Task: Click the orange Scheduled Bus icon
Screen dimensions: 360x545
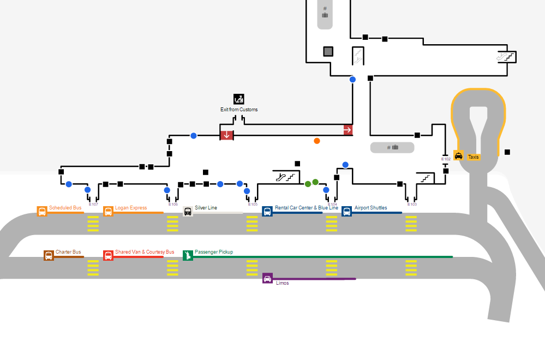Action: [x=42, y=212]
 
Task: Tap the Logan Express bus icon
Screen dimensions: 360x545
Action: [x=108, y=212]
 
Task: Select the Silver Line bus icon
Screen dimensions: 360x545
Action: [x=188, y=212]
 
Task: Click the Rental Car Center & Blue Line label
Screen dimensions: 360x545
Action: [x=306, y=208]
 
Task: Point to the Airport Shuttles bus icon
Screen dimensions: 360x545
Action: [x=346, y=212]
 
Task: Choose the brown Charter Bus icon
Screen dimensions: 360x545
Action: [x=49, y=255]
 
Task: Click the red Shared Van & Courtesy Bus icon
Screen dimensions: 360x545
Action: [x=108, y=255]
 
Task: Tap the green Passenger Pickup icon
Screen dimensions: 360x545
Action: [x=188, y=255]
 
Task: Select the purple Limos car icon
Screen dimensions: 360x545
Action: [x=267, y=278]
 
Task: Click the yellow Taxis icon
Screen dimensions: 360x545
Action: [x=458, y=156]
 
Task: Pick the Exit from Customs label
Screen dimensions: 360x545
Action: [x=239, y=110]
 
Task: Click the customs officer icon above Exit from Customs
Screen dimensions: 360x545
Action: [x=238, y=99]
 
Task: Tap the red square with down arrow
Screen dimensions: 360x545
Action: [x=227, y=134]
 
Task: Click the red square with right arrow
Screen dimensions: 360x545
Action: [x=348, y=130]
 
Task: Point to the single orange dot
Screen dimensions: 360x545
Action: [x=317, y=141]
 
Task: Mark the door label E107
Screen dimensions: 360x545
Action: [x=93, y=205]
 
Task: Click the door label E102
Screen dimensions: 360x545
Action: [x=446, y=159]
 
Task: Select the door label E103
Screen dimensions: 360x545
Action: [x=412, y=205]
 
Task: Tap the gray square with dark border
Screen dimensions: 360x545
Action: [x=328, y=51]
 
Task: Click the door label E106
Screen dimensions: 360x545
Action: [x=173, y=205]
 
